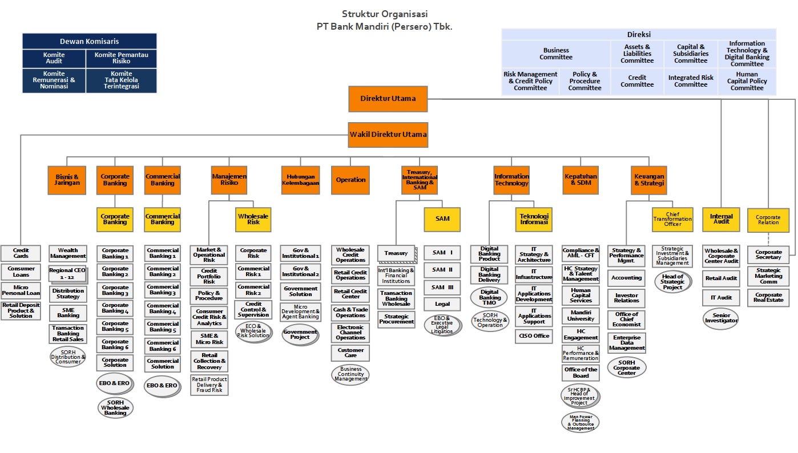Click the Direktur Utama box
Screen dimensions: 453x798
pos(388,99)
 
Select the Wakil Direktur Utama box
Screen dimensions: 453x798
pos(388,135)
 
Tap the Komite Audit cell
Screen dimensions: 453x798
pos(54,58)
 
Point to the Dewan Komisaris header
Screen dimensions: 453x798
pos(89,41)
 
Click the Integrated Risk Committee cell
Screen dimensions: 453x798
pos(691,81)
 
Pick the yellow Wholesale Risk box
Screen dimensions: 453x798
pos(253,219)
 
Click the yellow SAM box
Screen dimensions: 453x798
pos(442,219)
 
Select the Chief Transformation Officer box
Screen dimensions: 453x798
pos(672,219)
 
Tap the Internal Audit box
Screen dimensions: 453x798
pos(721,219)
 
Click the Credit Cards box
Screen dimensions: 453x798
pos(21,253)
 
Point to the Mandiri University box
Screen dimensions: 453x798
pos(581,316)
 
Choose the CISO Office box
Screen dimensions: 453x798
pos(534,335)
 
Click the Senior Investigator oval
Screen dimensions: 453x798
pos(720,318)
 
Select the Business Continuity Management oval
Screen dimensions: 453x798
pos(350,374)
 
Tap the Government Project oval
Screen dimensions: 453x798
pos(300,334)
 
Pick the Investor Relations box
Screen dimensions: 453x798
pos(627,298)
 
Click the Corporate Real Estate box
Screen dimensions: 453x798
pos(768,297)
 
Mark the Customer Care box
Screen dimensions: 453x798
pos(350,353)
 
